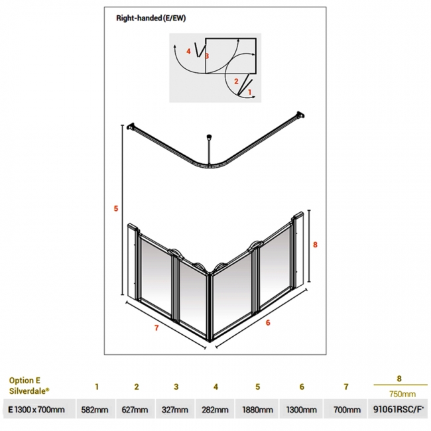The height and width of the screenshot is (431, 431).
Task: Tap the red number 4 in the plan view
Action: tap(188, 51)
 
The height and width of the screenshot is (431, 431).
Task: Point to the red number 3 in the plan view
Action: tap(207, 56)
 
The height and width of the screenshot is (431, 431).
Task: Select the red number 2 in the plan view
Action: tap(235, 81)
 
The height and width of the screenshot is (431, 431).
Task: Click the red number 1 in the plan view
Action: tap(249, 93)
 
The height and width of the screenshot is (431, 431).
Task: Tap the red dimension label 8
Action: tap(316, 245)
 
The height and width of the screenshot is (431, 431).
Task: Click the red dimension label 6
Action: tap(267, 323)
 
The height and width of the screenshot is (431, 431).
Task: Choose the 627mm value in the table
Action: tap(136, 410)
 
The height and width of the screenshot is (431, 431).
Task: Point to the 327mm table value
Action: tap(176, 410)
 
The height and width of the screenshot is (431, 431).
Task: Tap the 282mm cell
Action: tap(216, 410)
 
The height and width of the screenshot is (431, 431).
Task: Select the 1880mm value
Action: tap(257, 410)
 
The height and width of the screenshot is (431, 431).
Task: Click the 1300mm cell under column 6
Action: tap(301, 410)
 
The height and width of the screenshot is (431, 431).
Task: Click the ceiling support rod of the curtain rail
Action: tap(210, 149)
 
